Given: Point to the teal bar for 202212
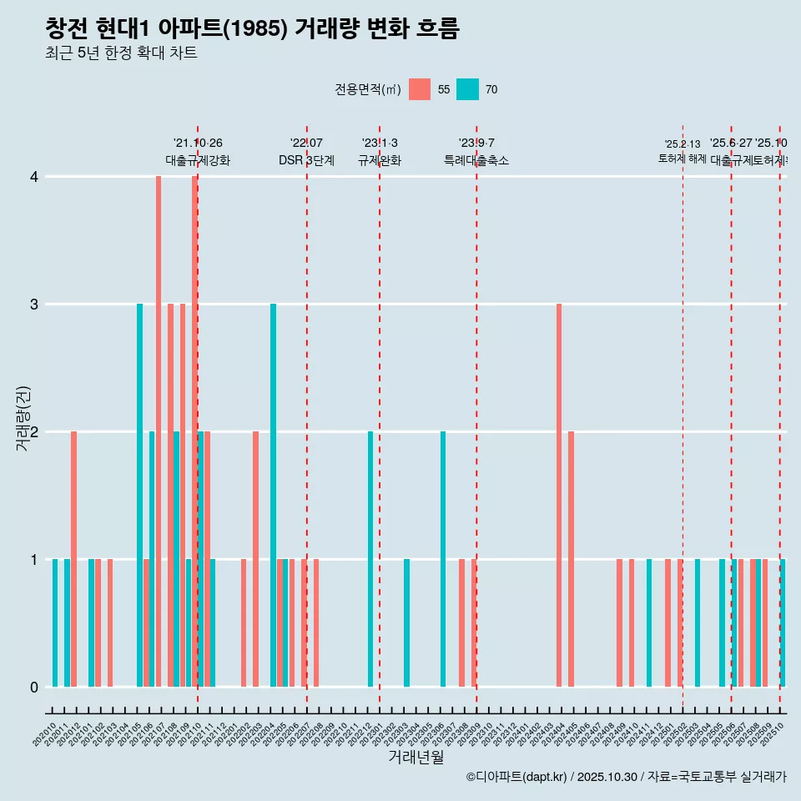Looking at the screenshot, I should coord(370,559).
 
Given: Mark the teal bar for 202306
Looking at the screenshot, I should coord(443,559).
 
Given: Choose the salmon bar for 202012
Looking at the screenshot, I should coord(73,559).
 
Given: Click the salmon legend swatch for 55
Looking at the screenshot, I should coord(420,89).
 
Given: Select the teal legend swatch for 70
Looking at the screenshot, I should coord(467,89).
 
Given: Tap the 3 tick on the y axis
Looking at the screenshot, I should coord(34,305).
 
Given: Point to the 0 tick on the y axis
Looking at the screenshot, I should coord(34,688).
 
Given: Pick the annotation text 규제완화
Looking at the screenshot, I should coord(380,160).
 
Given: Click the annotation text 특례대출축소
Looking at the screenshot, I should coord(476,160).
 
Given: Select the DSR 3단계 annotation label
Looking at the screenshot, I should coord(307,160).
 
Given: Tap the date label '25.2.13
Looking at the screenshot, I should coord(683,144).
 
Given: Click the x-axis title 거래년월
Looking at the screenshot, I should coord(416,757).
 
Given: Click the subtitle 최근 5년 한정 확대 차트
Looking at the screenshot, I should coord(121,53).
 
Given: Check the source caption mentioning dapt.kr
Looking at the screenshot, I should coord(626,777).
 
